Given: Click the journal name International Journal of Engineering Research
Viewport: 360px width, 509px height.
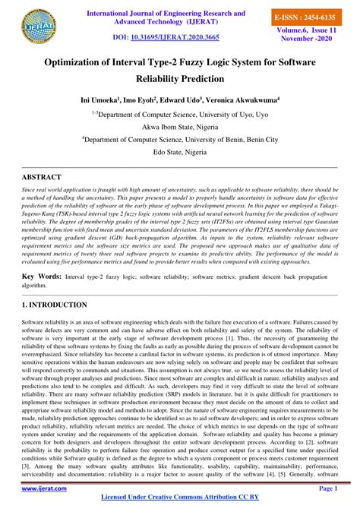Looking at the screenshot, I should (166, 14).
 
